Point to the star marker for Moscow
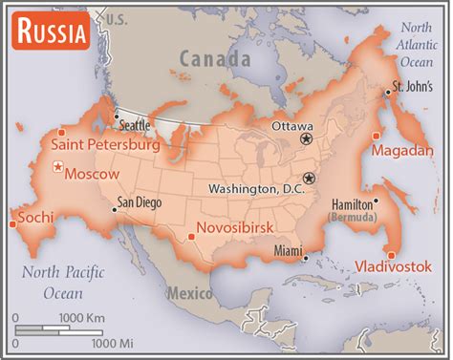(59, 169)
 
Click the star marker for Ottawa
(307, 138)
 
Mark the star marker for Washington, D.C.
(309, 179)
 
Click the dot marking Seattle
(117, 118)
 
